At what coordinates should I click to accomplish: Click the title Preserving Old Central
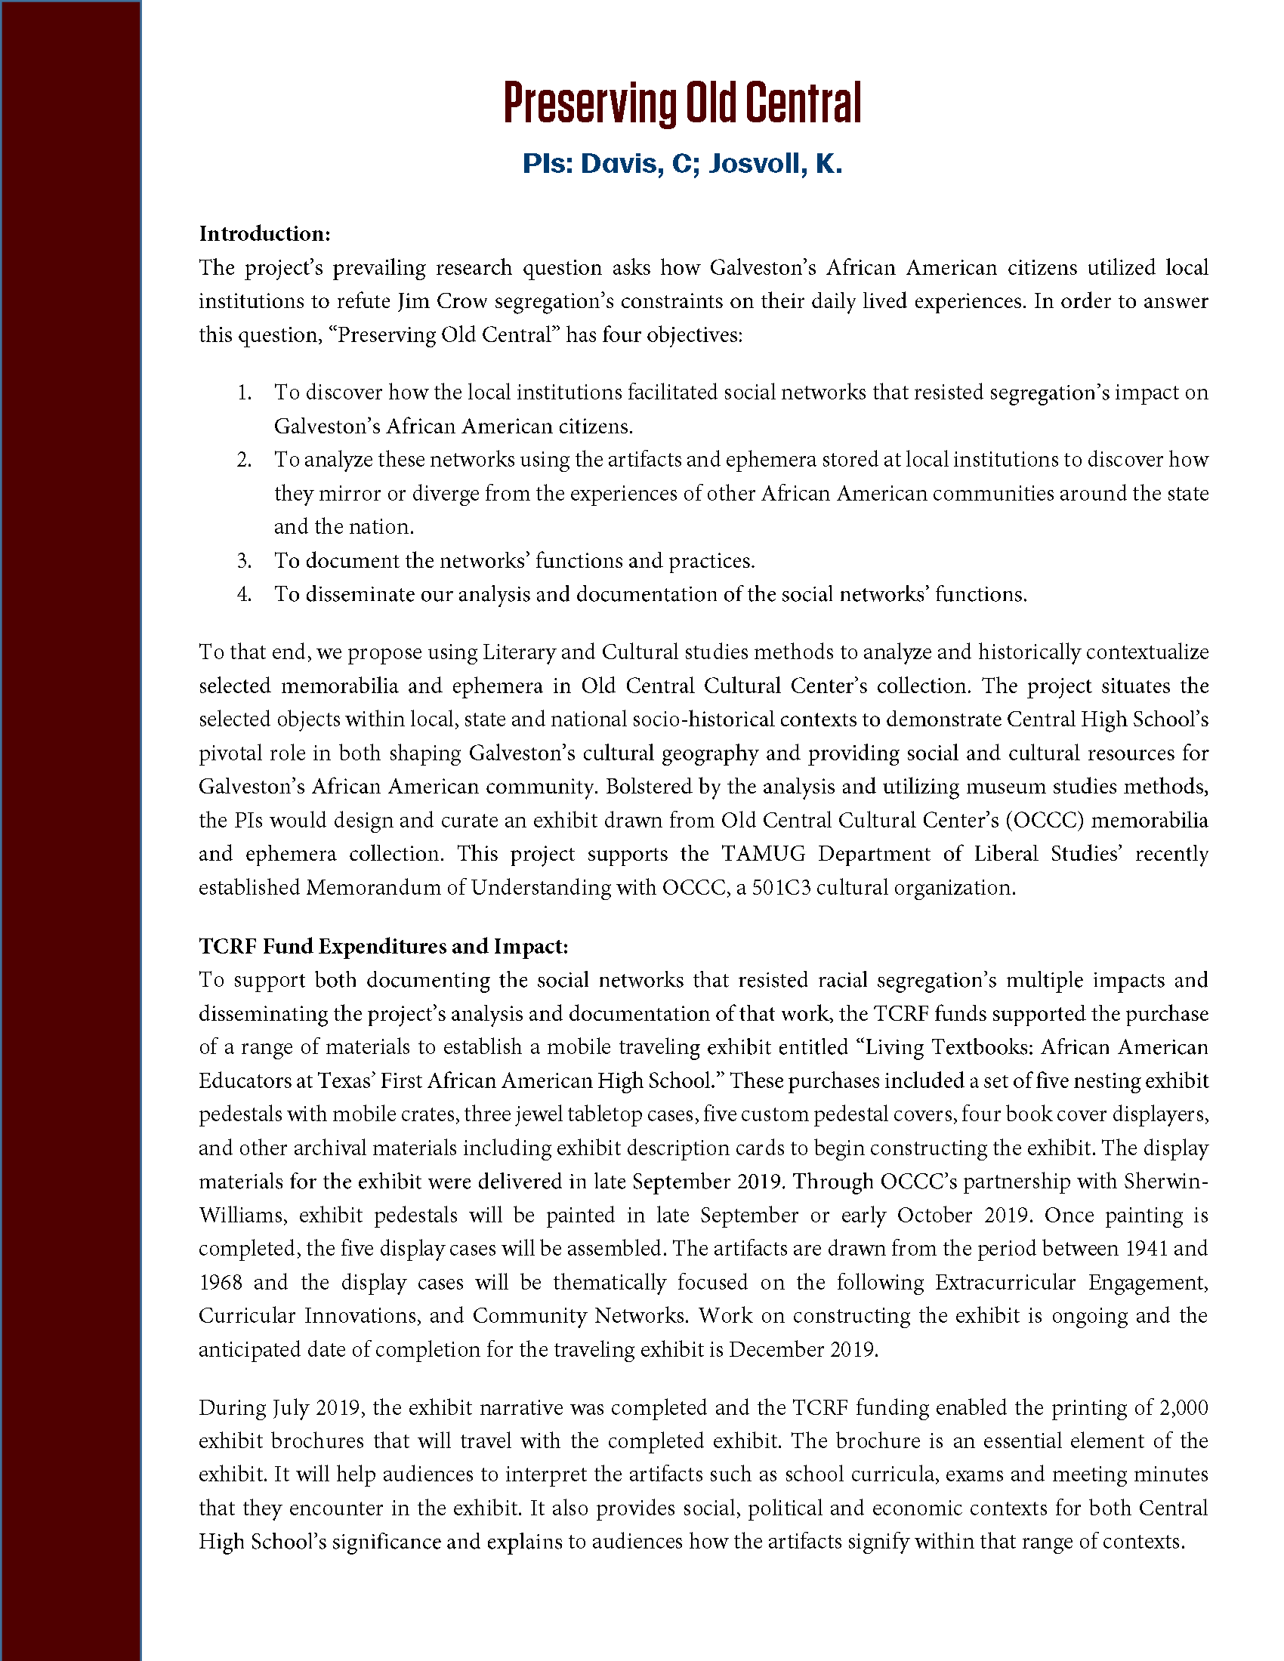point(682,104)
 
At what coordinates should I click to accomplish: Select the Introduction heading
point(264,233)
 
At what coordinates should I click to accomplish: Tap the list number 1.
point(243,393)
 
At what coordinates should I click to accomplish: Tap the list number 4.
point(243,594)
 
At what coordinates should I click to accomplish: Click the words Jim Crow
point(441,301)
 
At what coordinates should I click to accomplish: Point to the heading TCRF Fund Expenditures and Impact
point(384,946)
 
